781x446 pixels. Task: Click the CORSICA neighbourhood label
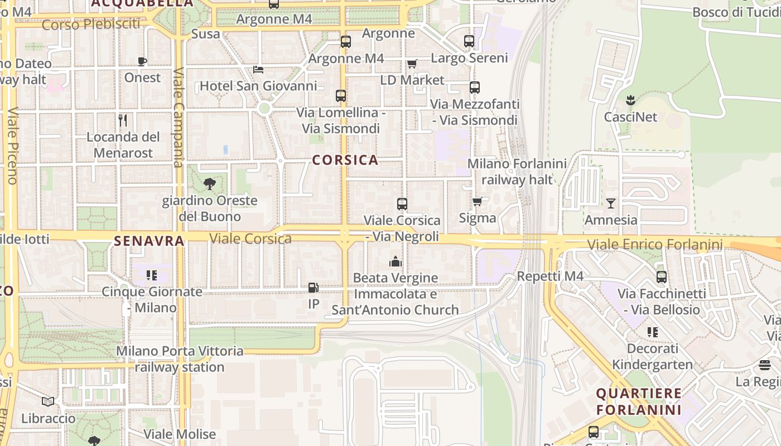[x=345, y=160]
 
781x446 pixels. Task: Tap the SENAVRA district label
[x=149, y=241]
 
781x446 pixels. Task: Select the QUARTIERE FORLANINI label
[x=639, y=401]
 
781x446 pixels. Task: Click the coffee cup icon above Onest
[x=142, y=61]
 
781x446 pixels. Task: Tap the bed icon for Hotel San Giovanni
[x=258, y=69]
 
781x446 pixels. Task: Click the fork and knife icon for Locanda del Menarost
[x=123, y=120]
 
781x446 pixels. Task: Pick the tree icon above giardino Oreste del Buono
[x=210, y=183]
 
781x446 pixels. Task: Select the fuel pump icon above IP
[x=314, y=288]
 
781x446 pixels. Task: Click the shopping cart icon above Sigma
[x=477, y=201]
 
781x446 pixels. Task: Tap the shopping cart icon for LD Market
[x=412, y=64]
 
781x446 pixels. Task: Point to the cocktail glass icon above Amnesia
[x=611, y=203]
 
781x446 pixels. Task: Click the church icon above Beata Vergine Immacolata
[x=396, y=261]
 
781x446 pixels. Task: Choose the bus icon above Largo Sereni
[x=469, y=41]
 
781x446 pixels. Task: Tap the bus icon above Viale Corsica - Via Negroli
[x=402, y=204]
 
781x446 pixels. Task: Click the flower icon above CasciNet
[x=631, y=100]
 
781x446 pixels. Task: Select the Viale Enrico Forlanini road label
[x=655, y=244]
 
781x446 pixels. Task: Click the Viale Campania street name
[x=179, y=117]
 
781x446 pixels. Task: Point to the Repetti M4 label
[x=550, y=276]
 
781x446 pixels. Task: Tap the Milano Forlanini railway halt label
[x=517, y=172]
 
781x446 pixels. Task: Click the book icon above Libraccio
[x=49, y=401]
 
